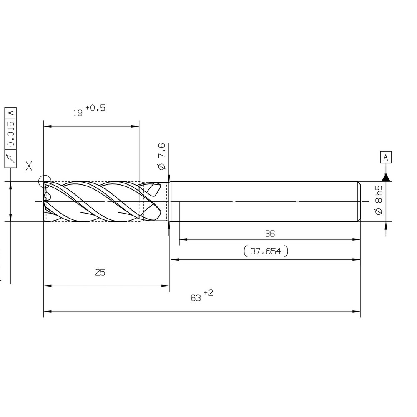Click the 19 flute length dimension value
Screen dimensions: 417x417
78,113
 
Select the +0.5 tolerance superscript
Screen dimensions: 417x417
96,108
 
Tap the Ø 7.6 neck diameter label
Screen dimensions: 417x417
162,156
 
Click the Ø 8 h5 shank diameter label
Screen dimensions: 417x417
378,201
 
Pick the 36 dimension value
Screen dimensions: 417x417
270,234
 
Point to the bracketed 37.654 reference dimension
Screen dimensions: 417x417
266,251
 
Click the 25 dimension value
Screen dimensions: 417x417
100,273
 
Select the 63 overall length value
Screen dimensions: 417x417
196,298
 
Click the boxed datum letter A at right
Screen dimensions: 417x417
386,158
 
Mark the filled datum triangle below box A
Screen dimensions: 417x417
386,178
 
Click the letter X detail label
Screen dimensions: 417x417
29,166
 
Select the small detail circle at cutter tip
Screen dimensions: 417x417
45,182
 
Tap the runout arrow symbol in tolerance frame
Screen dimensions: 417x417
11,158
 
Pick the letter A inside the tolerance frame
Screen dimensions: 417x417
11,113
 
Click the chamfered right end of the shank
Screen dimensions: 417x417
359,202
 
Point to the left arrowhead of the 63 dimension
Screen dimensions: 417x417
46,311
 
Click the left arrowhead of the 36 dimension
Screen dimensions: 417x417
182,239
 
